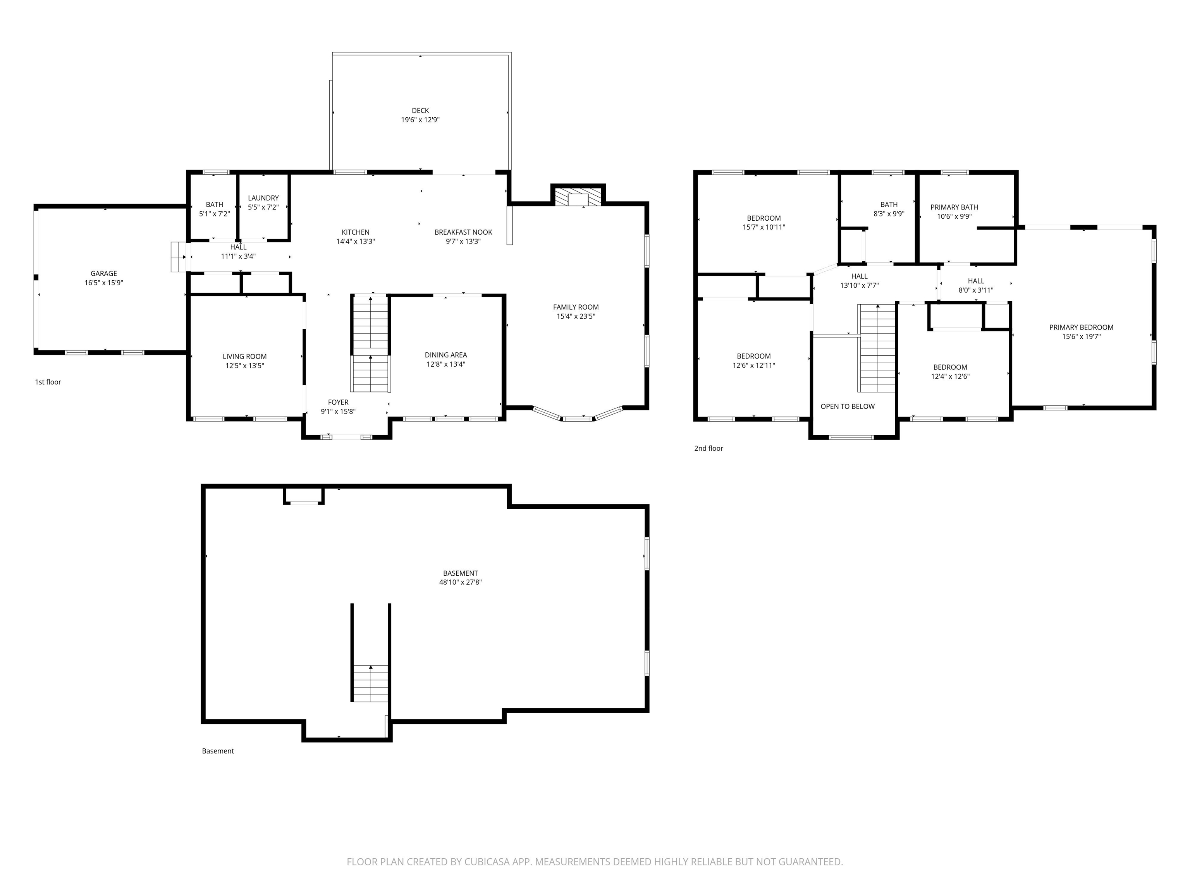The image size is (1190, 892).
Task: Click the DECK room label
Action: (420, 111)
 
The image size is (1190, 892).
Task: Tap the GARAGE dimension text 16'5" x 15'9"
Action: (104, 283)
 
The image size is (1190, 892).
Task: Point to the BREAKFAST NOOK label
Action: (463, 232)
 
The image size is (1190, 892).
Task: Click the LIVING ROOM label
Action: (245, 357)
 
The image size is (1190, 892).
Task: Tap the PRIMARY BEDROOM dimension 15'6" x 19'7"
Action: (1081, 336)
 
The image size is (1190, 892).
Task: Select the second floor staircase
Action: (876, 348)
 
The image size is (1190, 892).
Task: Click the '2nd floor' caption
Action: (708, 448)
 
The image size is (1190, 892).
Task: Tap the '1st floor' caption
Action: (48, 382)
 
